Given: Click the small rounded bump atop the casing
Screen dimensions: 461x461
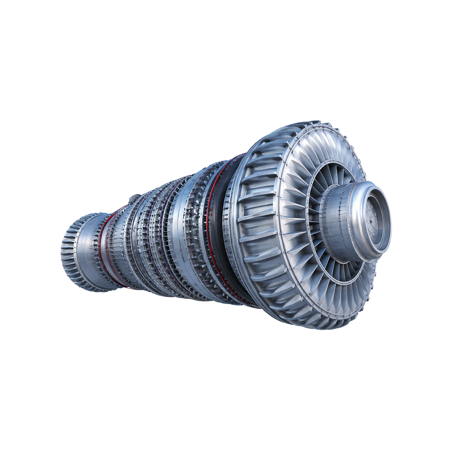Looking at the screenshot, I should coord(135,198).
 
